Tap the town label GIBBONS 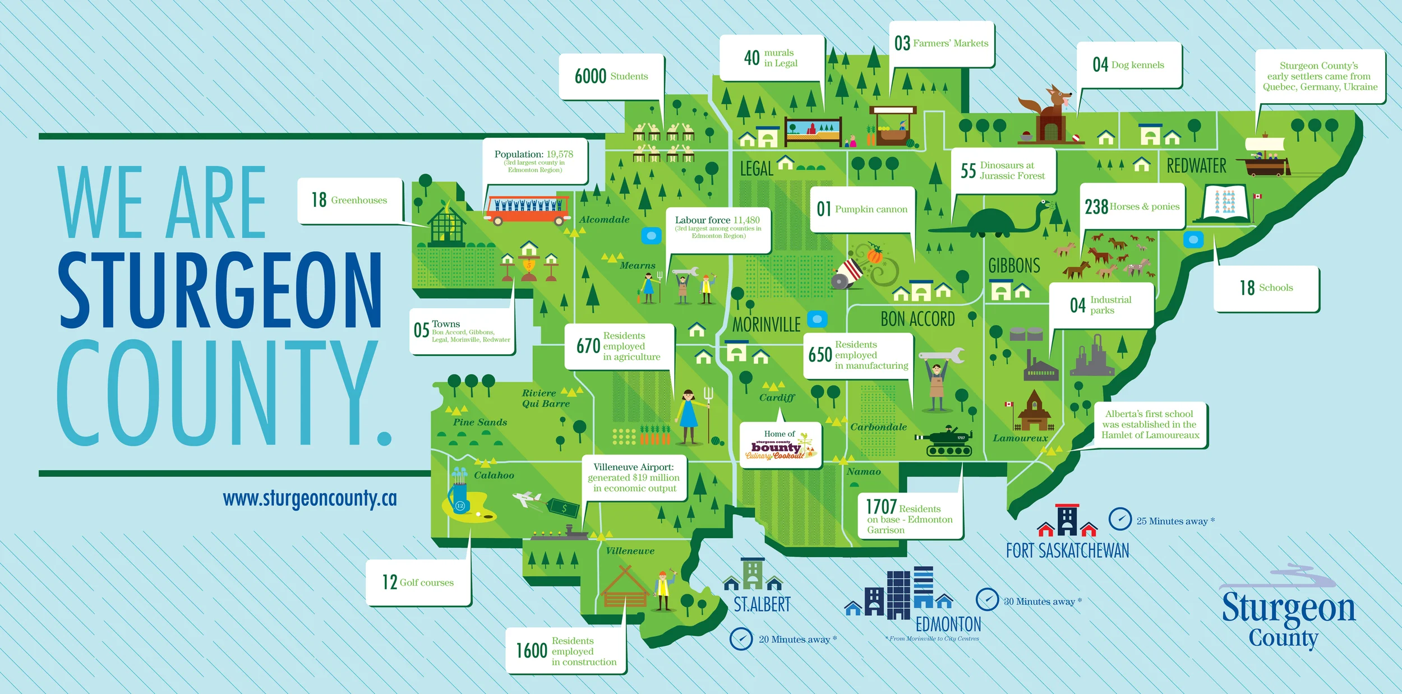[x=1014, y=265]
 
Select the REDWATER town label [x=1196, y=166]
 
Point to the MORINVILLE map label [x=766, y=325]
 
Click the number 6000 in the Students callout [x=590, y=76]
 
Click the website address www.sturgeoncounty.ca [x=310, y=498]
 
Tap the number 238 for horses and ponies [x=1096, y=207]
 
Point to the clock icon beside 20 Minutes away [x=741, y=639]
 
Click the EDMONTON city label [x=948, y=624]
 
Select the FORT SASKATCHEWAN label [x=1067, y=550]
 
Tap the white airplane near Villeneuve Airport [x=527, y=498]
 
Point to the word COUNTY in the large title [x=216, y=392]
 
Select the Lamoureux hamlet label [x=1020, y=438]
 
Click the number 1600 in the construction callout [x=531, y=651]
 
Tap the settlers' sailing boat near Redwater [x=1265, y=156]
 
